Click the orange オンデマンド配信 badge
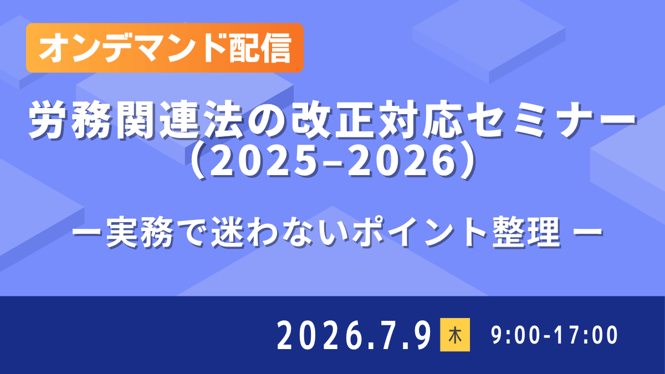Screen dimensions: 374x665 tap(165, 48)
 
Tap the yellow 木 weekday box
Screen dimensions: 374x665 tap(455, 335)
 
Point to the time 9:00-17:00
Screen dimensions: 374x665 tap(555, 335)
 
